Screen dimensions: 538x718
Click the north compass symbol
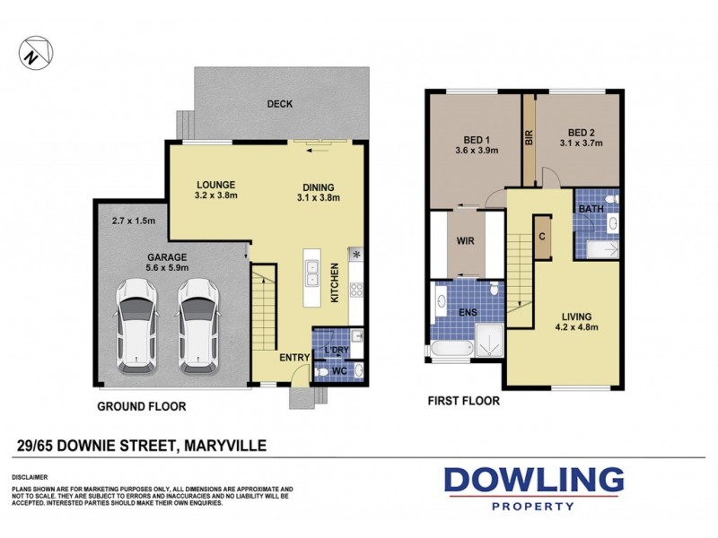point(33,52)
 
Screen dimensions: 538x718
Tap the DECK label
point(280,104)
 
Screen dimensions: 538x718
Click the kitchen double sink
point(311,273)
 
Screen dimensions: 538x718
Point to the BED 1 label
point(477,139)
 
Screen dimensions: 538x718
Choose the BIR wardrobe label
point(529,139)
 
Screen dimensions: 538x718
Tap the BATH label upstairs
point(591,210)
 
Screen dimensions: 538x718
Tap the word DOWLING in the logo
point(535,481)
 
